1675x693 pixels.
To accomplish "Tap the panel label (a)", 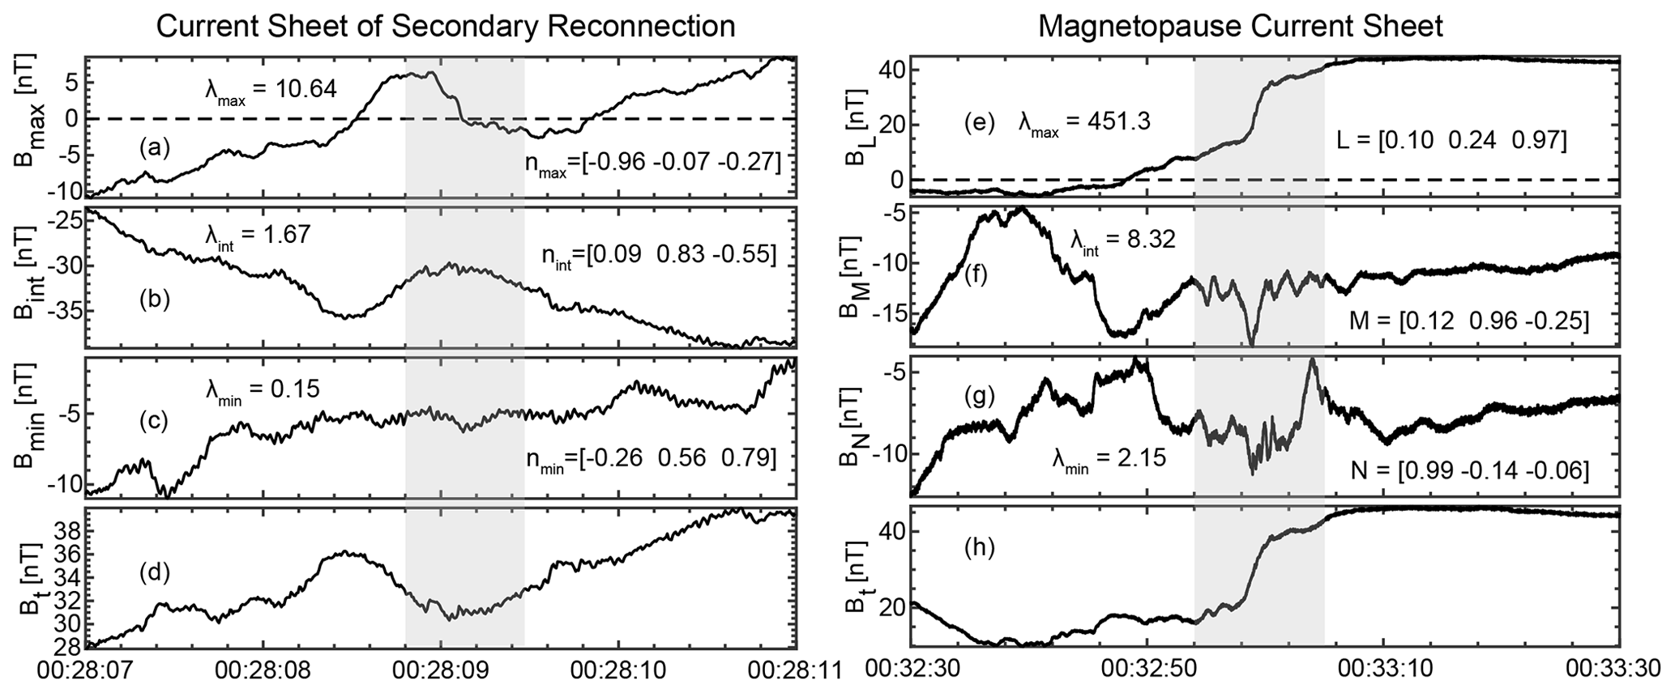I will pyautogui.click(x=154, y=147).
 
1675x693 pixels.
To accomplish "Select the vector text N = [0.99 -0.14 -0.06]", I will pyautogui.click(x=1468, y=470).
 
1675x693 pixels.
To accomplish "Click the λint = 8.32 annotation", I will pyautogui.click(x=1122, y=240).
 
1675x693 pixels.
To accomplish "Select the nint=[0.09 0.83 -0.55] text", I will pyautogui.click(x=658, y=256).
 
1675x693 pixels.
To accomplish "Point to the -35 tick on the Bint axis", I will pyautogui.click(x=63, y=310).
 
